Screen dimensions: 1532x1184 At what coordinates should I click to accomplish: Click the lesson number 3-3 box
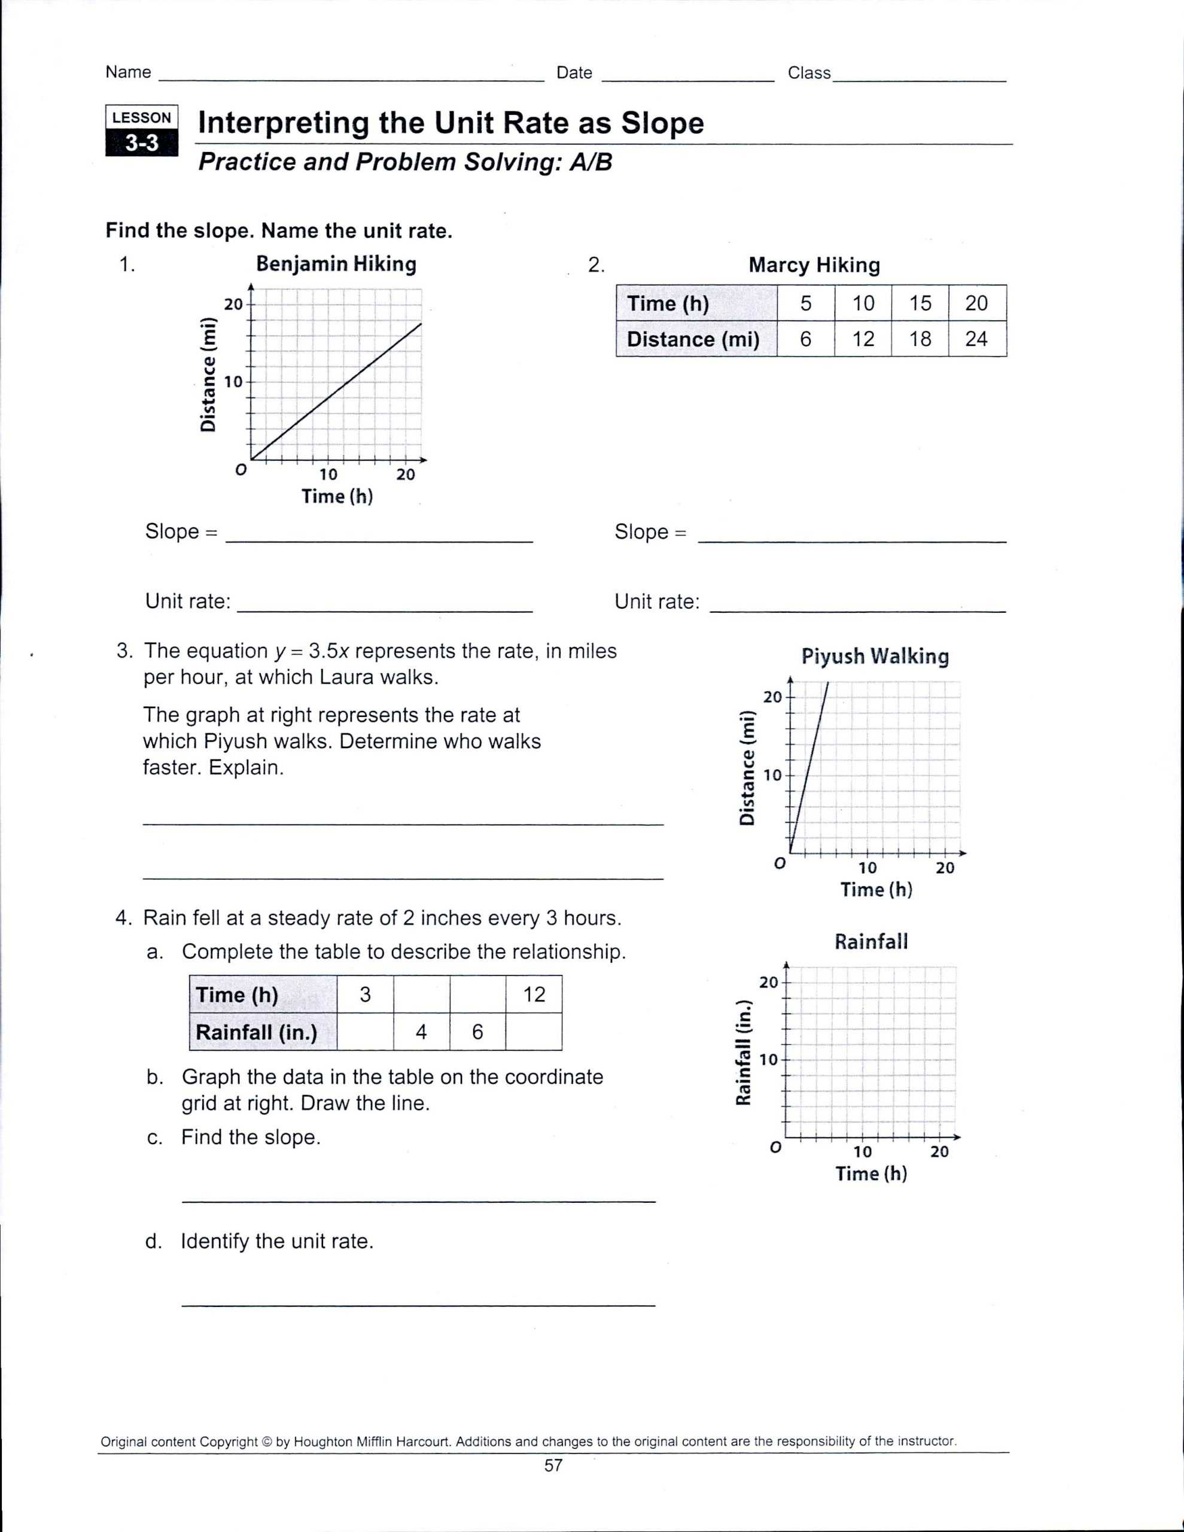tap(142, 143)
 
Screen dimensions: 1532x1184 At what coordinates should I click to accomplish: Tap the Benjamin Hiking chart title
tap(336, 264)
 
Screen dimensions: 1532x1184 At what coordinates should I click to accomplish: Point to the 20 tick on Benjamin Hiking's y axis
tap(233, 305)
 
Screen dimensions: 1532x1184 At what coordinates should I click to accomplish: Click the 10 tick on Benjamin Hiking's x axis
tap(328, 474)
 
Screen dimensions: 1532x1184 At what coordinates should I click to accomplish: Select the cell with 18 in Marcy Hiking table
tap(920, 339)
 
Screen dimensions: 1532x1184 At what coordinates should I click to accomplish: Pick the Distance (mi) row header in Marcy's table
tap(693, 339)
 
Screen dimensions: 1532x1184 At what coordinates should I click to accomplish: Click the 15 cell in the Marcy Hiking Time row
tap(920, 303)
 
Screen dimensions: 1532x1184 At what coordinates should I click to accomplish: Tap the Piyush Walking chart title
tap(875, 656)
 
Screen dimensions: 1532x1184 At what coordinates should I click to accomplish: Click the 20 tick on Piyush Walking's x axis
tap(945, 868)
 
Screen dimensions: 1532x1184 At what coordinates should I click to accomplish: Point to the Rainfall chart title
tap(871, 941)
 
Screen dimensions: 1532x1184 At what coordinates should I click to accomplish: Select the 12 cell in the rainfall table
tap(534, 994)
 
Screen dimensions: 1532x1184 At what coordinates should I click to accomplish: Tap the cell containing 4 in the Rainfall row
tap(421, 1031)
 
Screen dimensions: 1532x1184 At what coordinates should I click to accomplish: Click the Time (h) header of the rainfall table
tap(237, 995)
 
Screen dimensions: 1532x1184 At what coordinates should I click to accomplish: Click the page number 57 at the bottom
tap(553, 1464)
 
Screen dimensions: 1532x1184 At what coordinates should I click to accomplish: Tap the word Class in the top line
tap(809, 73)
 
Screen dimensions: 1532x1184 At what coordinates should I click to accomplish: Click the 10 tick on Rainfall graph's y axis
tap(769, 1059)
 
